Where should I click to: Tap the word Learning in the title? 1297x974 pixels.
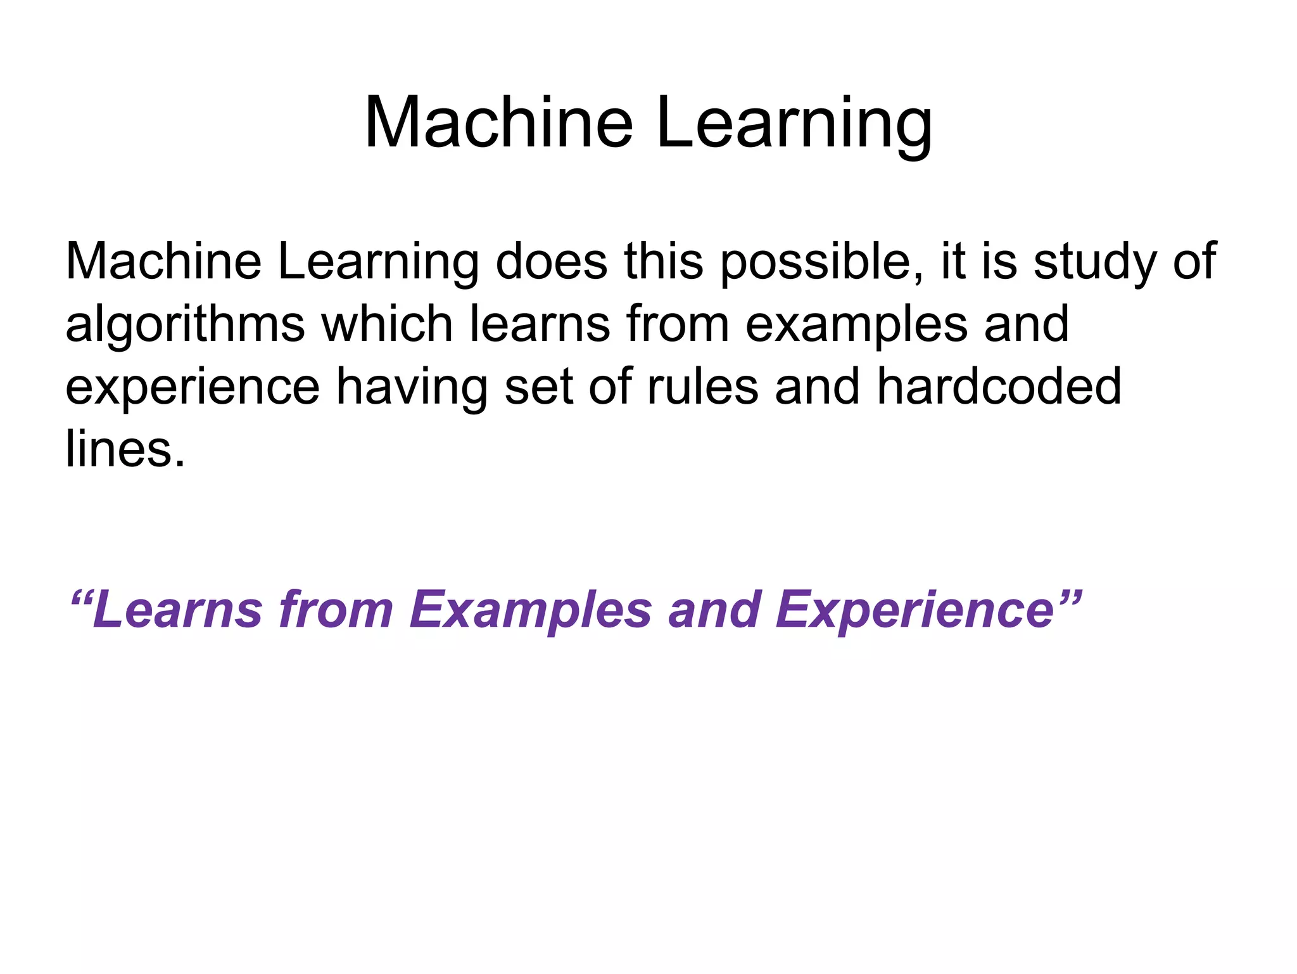click(794, 124)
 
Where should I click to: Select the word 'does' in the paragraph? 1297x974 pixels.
click(551, 261)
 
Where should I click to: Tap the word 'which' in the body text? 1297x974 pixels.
click(386, 323)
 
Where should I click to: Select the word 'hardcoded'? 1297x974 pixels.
click(999, 387)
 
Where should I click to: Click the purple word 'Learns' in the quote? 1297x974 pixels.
click(177, 610)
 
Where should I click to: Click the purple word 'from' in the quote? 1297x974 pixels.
click(336, 610)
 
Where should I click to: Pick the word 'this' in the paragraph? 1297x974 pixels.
click(663, 261)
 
